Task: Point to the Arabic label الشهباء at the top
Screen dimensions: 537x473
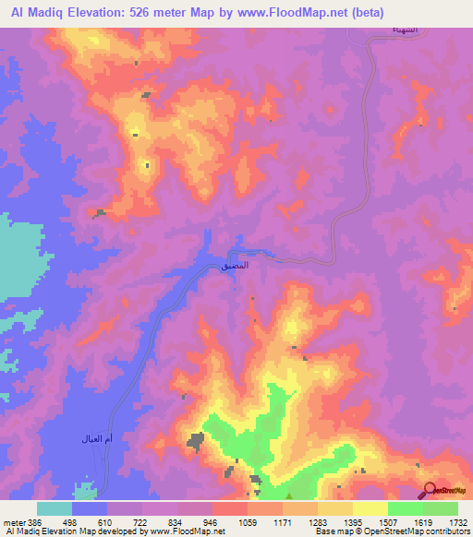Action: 380,30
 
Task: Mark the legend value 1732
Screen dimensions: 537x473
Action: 456,522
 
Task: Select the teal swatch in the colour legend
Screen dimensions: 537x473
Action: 55,508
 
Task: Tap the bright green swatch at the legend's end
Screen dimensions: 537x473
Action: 441,508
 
